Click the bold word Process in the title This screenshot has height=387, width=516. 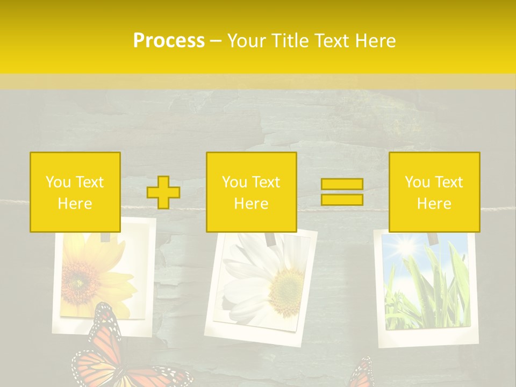[x=169, y=41]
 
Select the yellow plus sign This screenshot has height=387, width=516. [x=163, y=192]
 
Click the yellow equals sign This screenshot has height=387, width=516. [x=342, y=192]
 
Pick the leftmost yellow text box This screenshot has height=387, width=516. [x=75, y=192]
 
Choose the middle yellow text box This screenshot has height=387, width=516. [x=251, y=192]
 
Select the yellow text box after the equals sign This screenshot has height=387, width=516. [x=434, y=192]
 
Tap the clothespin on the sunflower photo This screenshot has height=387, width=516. [x=106, y=236]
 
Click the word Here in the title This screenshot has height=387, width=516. [x=375, y=41]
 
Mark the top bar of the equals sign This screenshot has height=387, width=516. [x=342, y=184]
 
